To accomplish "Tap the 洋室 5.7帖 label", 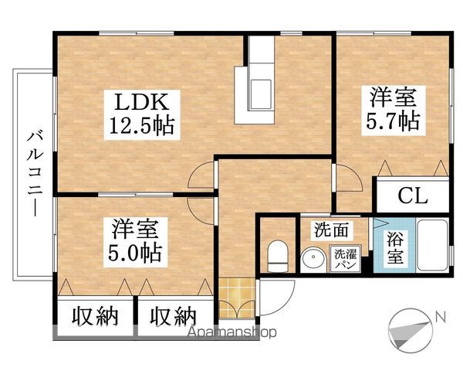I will (393, 110).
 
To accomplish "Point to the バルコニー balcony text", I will (35, 172).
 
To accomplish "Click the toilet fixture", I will (275, 254).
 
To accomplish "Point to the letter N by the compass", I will (439, 316).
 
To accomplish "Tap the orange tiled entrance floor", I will (236, 302).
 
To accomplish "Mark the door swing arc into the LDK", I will (202, 179).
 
